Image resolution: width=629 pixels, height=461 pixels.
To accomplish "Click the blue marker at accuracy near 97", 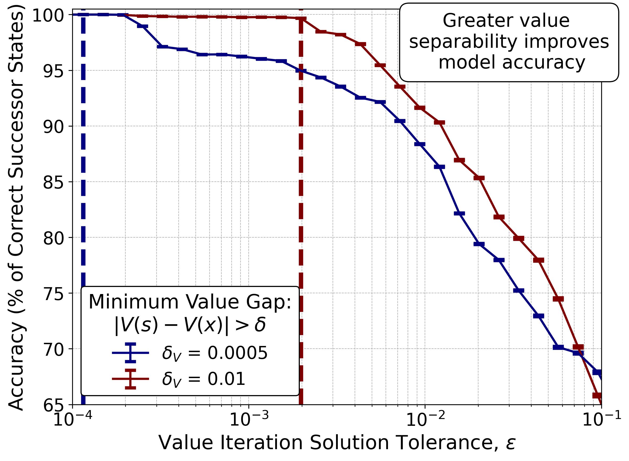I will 163,47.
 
